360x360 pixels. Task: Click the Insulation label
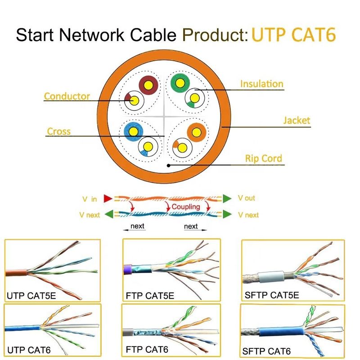pos(261,84)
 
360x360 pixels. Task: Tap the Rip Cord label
pos(263,158)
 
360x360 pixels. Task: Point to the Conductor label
pos(67,96)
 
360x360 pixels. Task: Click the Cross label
pos(59,131)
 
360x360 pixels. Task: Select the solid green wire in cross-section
pos(180,83)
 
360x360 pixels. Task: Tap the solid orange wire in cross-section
pos(196,132)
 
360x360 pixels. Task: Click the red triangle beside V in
pos(107,198)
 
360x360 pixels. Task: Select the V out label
pos(246,198)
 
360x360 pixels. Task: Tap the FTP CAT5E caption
pos(150,296)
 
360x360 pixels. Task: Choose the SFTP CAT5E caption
pos(272,295)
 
